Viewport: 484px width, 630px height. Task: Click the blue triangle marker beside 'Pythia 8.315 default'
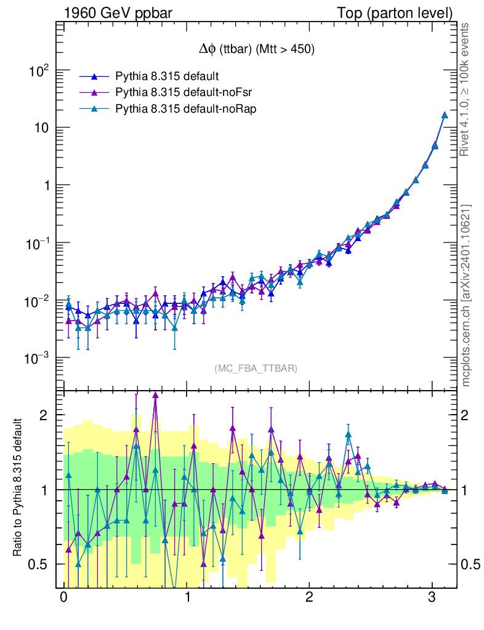point(94,76)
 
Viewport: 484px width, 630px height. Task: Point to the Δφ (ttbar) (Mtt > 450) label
point(254,50)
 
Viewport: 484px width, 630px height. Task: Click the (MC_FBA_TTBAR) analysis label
point(256,369)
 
